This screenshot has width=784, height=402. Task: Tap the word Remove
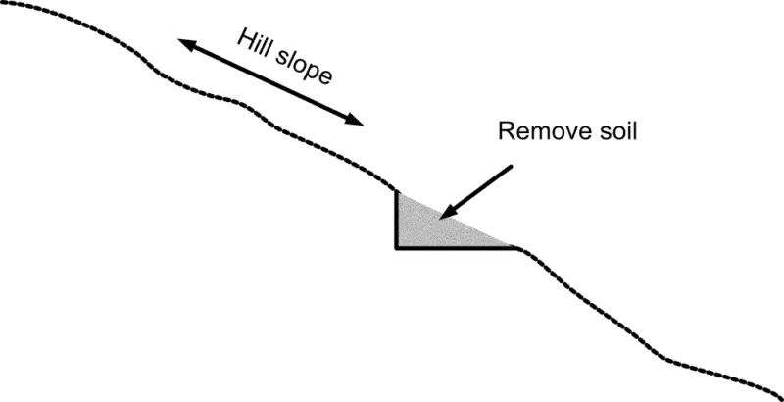point(535,132)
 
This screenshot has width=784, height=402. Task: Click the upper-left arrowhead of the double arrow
point(184,42)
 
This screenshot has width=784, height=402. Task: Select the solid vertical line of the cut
point(396,221)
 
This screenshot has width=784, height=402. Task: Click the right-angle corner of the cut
point(396,247)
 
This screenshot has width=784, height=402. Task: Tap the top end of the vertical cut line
point(396,191)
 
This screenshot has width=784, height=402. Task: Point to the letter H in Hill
point(241,40)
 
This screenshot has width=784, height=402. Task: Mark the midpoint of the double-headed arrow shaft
point(270,82)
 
